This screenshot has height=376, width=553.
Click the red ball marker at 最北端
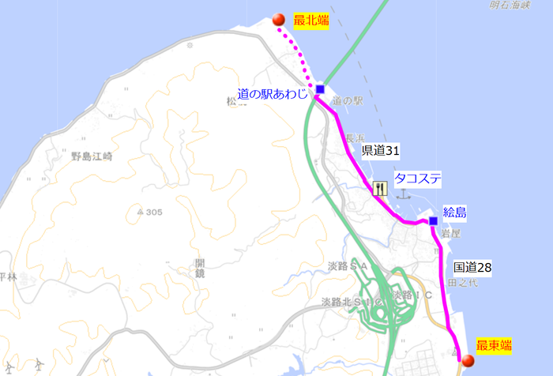278,21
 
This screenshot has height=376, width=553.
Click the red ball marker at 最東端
468,361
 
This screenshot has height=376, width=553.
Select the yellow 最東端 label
494,346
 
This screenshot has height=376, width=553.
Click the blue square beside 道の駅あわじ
320,89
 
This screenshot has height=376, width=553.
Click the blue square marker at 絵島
433,221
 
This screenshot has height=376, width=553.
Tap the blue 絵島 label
455,212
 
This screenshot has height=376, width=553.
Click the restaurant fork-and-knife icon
380,189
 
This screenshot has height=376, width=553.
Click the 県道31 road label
381,149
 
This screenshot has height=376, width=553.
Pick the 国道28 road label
473,268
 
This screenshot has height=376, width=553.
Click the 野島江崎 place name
92,156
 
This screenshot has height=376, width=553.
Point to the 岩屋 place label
451,234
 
